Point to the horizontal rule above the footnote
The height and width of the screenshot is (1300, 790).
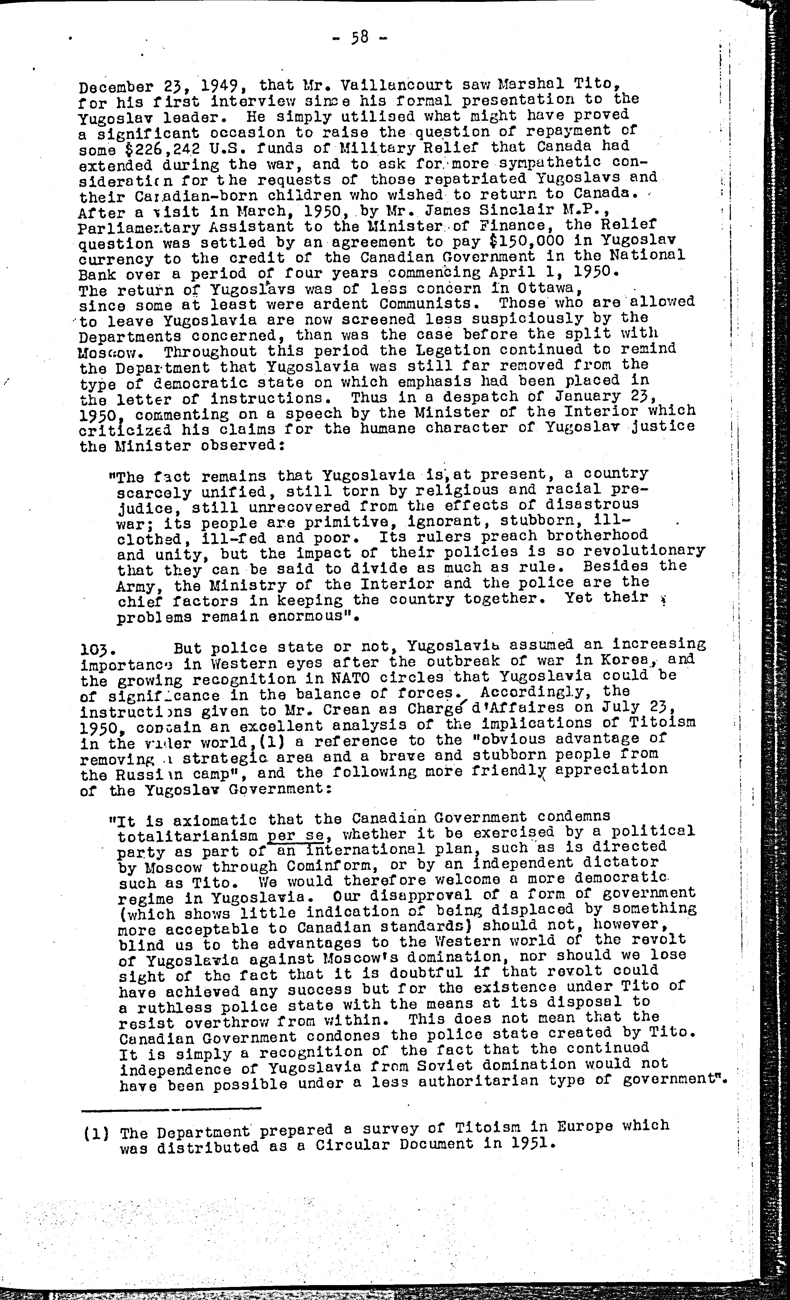(x=171, y=1108)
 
